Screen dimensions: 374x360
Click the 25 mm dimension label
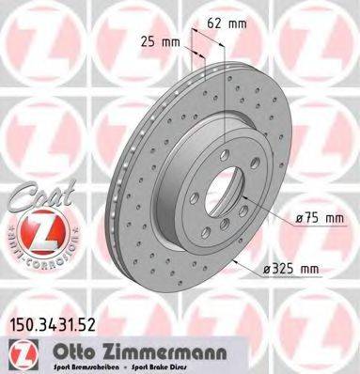click(161, 41)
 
